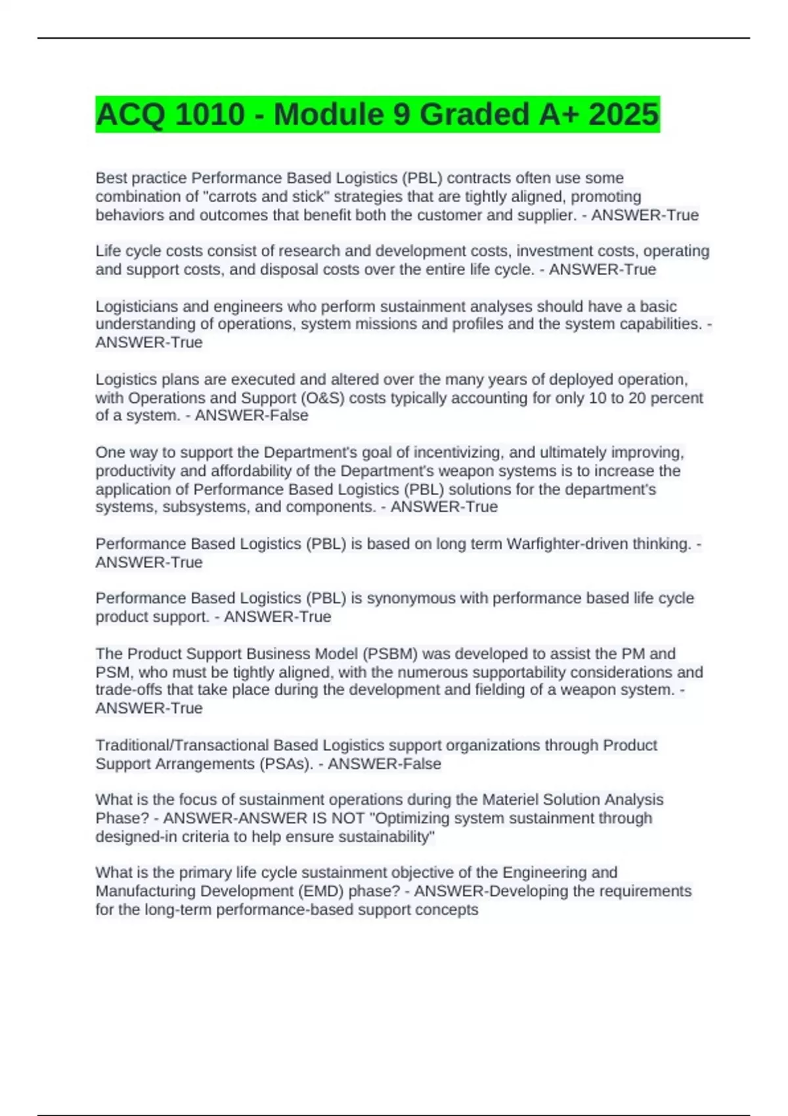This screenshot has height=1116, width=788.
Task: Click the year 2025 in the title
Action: click(624, 114)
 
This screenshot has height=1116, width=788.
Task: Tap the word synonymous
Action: click(410, 598)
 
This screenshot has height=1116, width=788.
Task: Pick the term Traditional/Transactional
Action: click(182, 745)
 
